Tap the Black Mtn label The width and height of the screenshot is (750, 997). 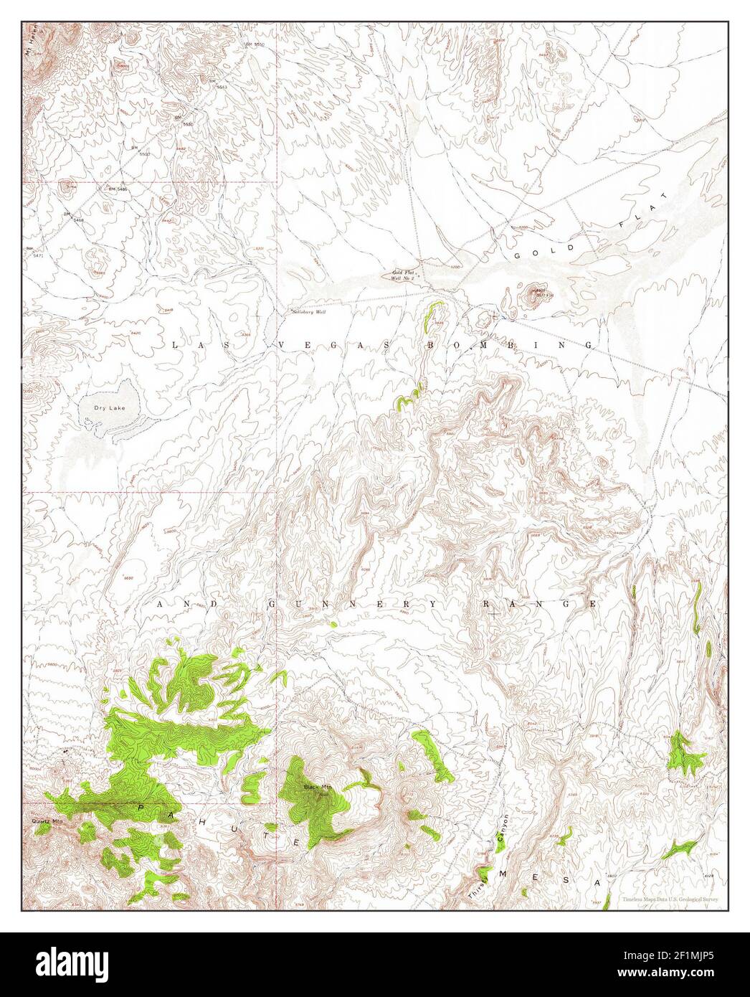315,787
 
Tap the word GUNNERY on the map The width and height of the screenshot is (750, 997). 349,605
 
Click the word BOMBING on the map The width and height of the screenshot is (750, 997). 511,345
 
